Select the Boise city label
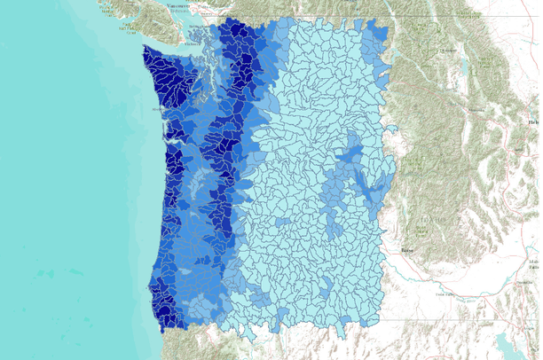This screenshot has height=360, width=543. click(408, 251)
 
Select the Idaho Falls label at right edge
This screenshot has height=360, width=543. click(536, 251)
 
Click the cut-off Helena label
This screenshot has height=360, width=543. click(534, 122)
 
